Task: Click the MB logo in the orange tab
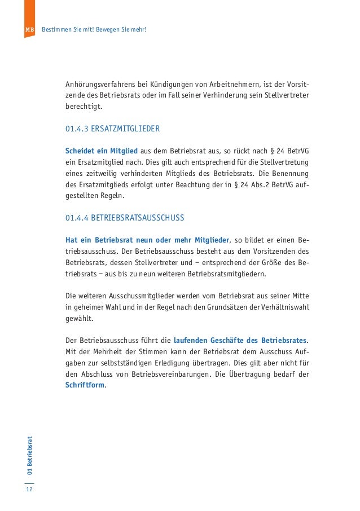tap(30, 29)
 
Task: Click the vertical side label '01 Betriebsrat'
tap(29, 455)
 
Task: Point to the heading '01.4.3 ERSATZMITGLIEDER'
tap(112, 129)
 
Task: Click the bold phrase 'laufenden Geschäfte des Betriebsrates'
tap(240, 341)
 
